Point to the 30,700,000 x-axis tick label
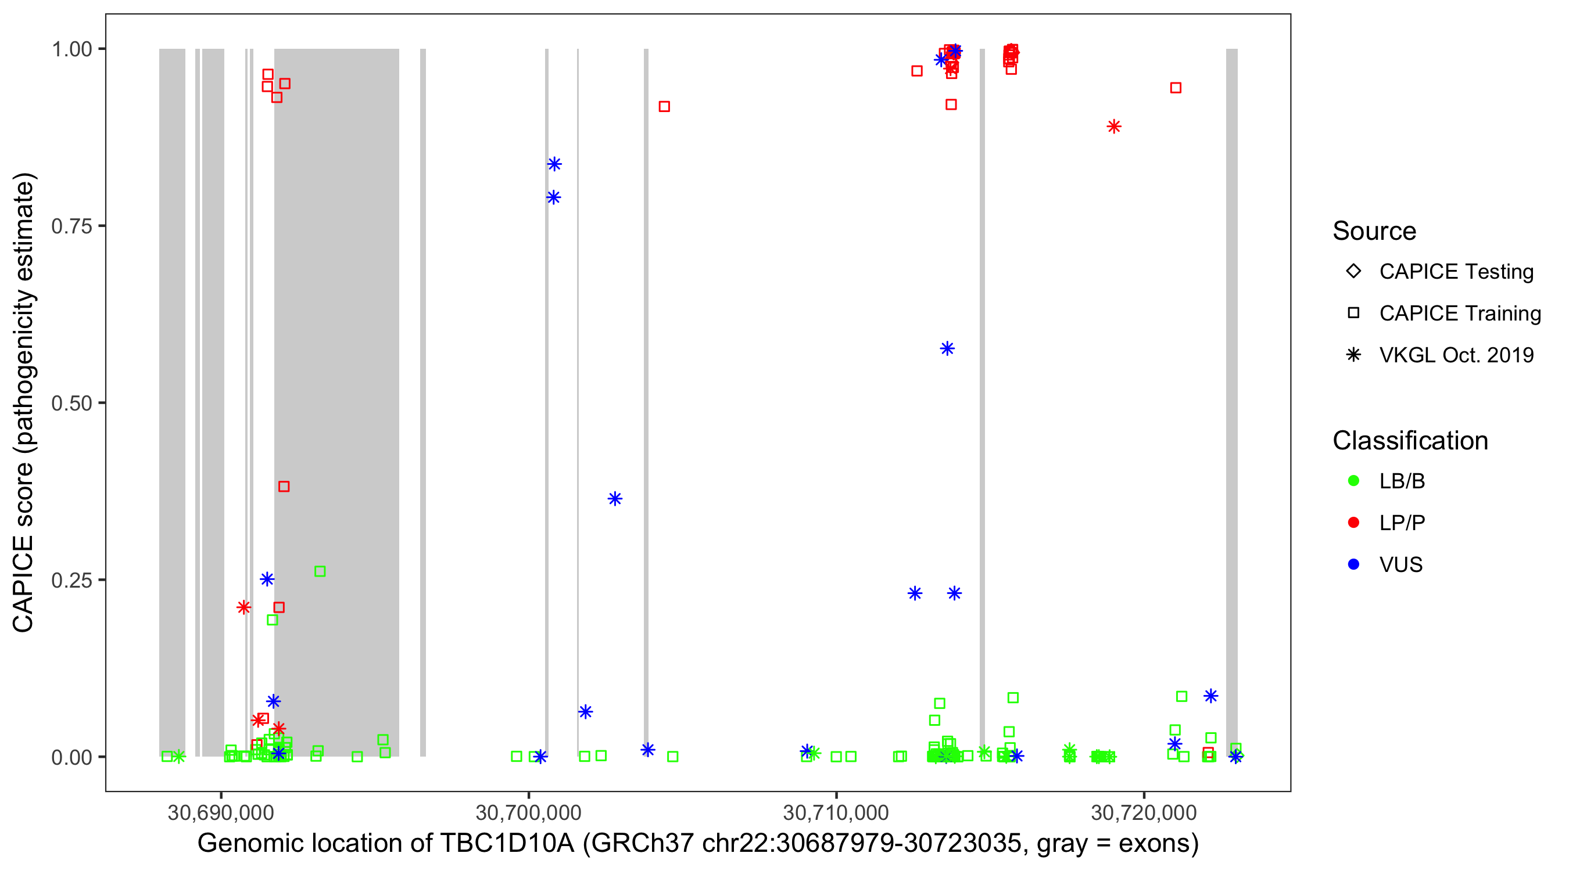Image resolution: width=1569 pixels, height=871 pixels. pos(528,812)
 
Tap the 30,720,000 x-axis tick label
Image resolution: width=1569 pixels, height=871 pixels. pos(1144,812)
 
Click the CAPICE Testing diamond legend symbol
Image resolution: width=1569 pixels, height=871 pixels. pos(1353,271)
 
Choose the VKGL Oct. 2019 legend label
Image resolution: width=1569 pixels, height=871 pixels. pos(1456,355)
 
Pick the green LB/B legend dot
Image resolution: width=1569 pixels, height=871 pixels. pos(1353,481)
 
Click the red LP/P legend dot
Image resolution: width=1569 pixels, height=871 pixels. pos(1353,523)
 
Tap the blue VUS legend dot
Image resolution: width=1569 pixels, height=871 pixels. pos(1353,564)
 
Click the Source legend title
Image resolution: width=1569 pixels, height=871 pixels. pos(1374,231)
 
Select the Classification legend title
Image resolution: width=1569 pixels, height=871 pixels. pos(1410,441)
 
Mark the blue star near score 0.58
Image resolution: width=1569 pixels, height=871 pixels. pos(947,349)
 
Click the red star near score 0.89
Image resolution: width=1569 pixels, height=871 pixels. pos(1114,127)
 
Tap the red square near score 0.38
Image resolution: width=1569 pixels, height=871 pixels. pos(284,487)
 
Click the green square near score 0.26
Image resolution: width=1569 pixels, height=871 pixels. pos(320,571)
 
